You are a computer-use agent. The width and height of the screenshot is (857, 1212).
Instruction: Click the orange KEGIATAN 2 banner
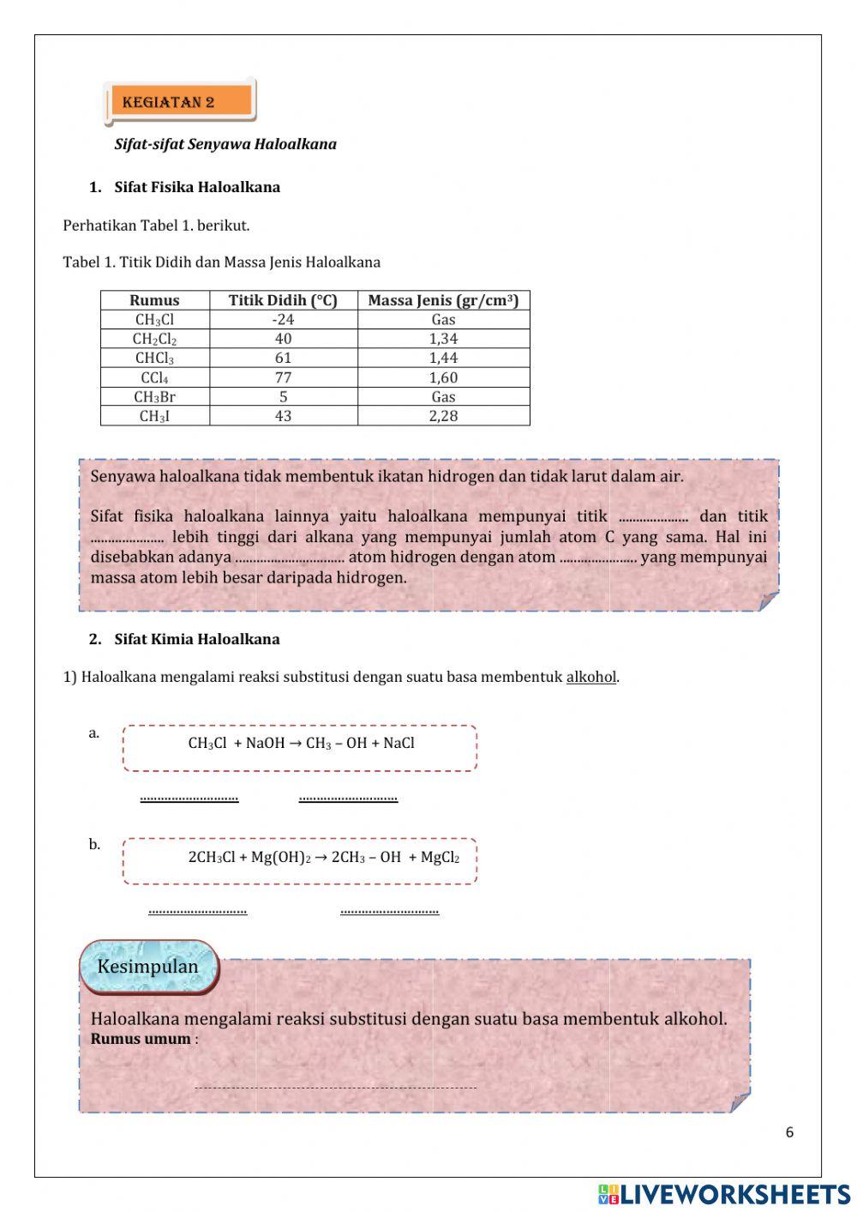[x=180, y=101]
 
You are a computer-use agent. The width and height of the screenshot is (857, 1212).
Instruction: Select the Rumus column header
[x=154, y=300]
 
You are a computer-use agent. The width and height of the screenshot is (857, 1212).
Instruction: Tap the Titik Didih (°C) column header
[x=283, y=300]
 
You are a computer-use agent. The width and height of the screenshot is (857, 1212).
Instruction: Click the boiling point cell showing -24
[x=283, y=319]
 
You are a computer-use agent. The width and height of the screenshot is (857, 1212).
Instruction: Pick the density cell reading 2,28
[x=443, y=416]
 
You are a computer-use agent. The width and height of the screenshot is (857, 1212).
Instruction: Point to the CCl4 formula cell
[x=154, y=377]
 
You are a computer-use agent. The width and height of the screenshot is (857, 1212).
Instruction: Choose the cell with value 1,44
[x=443, y=358]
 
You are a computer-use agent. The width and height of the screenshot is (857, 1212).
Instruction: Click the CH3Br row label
[x=154, y=397]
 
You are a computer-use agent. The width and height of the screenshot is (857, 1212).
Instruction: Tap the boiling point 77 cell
[x=283, y=377]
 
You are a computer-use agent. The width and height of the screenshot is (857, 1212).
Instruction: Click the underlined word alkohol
[x=590, y=677]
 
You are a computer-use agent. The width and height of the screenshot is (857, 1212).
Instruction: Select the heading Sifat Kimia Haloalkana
[x=196, y=639]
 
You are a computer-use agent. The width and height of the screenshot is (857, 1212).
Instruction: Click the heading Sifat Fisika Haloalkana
[x=196, y=187]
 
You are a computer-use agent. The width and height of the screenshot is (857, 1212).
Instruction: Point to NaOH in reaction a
[x=265, y=743]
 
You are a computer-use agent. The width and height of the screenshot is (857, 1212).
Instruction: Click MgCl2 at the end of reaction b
[x=440, y=857]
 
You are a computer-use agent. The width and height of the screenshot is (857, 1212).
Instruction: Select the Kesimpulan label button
[x=147, y=967]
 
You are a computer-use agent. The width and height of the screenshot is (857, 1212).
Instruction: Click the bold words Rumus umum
[x=141, y=1039]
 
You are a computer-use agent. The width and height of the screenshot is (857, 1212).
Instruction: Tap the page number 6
[x=789, y=1132]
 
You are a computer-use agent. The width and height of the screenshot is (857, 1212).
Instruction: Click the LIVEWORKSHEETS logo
[x=724, y=1194]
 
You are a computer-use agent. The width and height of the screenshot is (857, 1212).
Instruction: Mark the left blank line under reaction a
[x=189, y=798]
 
